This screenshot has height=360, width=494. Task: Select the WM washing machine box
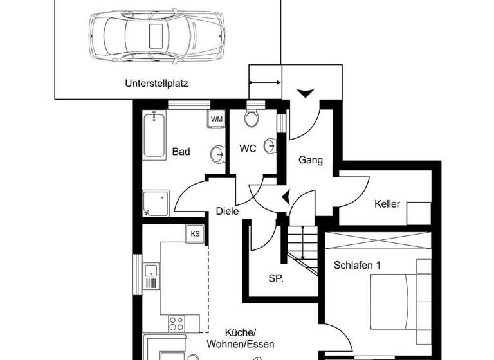(217, 119)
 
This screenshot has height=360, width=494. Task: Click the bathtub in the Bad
(154, 135)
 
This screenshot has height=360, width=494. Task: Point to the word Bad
(181, 152)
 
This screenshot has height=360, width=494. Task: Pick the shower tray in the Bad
(156, 203)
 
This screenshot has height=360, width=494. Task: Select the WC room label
(248, 148)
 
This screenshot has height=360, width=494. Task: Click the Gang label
(310, 160)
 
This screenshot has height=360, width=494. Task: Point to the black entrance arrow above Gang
(306, 94)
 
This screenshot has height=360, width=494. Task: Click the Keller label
(387, 204)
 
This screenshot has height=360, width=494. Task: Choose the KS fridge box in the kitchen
(194, 233)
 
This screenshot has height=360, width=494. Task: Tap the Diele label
(227, 211)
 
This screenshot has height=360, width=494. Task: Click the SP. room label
(277, 278)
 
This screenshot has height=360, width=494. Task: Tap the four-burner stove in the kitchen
(177, 322)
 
